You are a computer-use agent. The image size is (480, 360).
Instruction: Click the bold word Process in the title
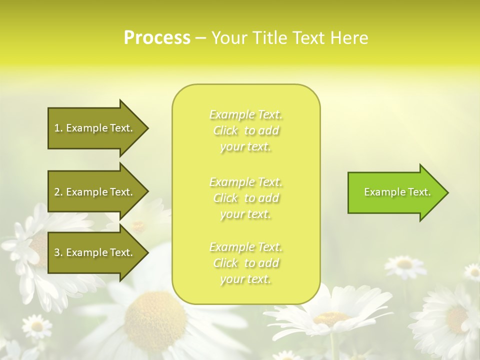point(157,38)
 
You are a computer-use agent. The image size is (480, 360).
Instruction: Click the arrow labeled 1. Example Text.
point(95,128)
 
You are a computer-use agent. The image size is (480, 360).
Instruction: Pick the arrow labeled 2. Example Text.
point(95,192)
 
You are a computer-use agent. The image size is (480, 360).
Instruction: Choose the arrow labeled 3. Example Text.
point(95,252)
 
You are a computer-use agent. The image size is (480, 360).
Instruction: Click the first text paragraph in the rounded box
point(245,130)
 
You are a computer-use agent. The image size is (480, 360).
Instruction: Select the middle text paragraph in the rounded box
point(245,198)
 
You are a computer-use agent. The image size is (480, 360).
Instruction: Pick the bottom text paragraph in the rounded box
point(245,263)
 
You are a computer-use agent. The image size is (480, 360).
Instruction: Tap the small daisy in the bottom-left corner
point(36,326)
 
